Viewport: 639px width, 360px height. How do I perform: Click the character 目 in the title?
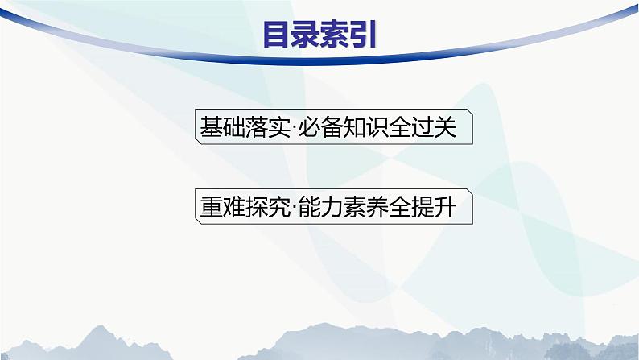coord(278,35)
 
